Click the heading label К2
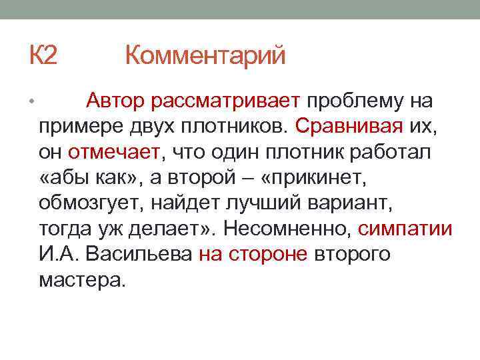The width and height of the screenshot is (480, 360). [43, 55]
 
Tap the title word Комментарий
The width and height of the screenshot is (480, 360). [205, 55]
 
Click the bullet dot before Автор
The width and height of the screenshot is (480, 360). [31, 102]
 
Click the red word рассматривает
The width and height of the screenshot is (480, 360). [226, 101]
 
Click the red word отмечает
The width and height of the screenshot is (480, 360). [115, 152]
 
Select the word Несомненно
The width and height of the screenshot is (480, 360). [287, 229]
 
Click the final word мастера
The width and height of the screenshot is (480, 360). [81, 279]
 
